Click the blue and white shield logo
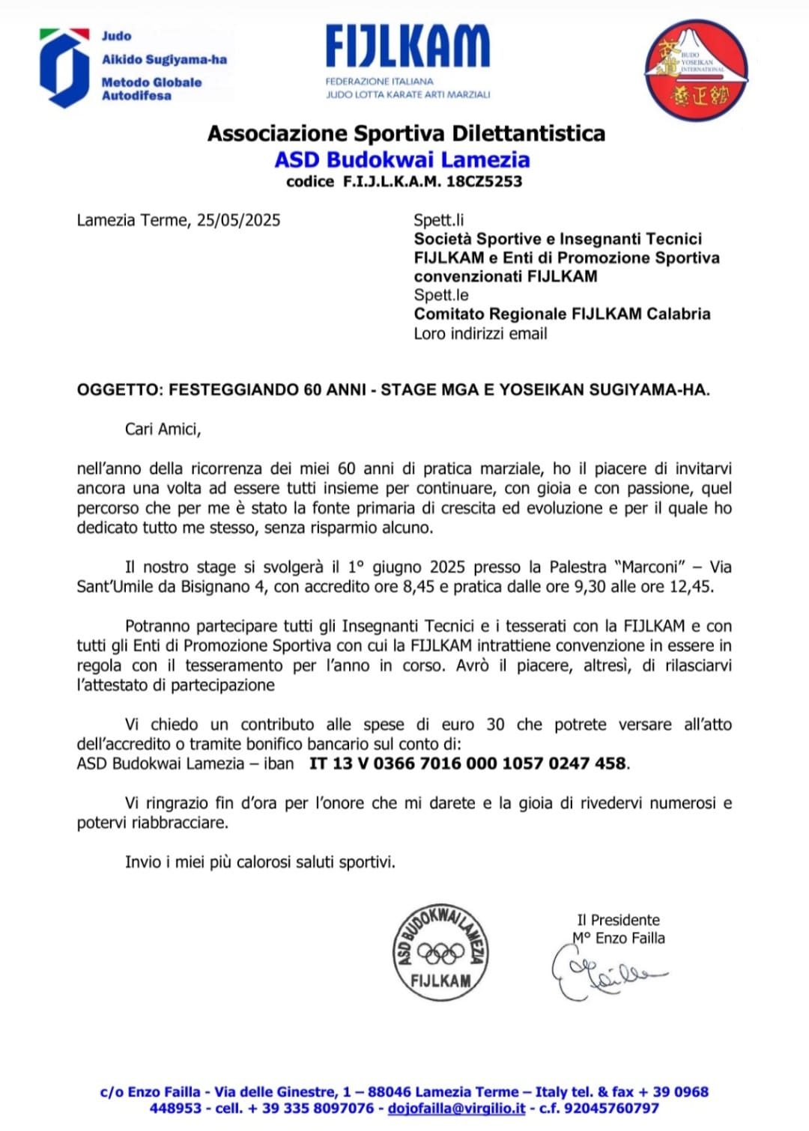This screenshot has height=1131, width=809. point(64,67)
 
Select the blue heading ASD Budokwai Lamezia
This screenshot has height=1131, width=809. point(402,159)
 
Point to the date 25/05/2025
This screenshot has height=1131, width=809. point(238,220)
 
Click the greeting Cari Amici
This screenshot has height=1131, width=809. point(163,429)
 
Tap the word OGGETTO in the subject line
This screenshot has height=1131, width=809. point(118,389)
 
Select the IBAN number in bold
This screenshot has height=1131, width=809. point(468,763)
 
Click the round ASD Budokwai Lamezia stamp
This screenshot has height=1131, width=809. point(440,951)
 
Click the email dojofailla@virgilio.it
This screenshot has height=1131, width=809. point(456,1108)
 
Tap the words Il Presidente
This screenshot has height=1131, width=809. point(618,920)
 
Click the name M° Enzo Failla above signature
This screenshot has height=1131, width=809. point(619,938)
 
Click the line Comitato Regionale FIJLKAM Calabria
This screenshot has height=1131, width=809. point(562,314)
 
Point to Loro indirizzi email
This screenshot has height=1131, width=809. point(480,333)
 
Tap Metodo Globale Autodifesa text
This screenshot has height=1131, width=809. point(151,88)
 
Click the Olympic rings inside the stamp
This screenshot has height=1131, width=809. point(441,953)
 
